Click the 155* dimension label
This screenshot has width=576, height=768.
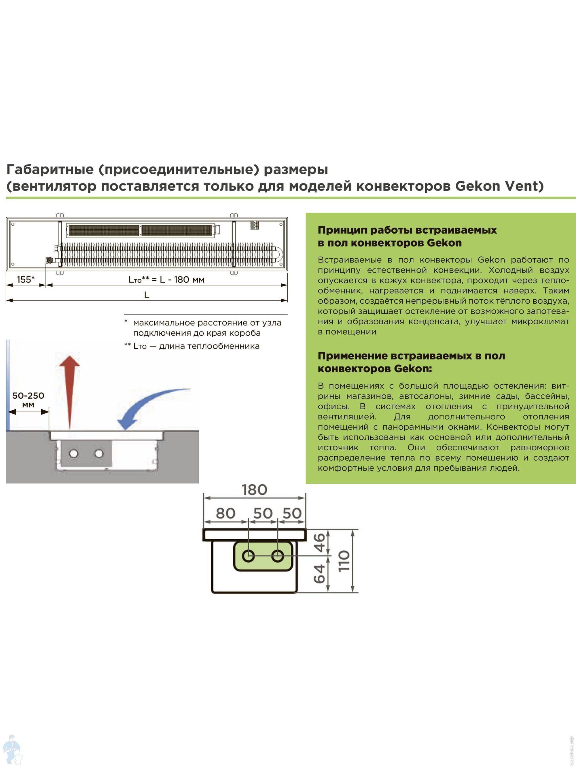pos(26,279)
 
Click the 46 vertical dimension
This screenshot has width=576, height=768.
pos(319,543)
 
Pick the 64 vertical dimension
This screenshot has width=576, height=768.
pos(319,574)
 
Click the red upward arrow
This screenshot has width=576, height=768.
pos(70,389)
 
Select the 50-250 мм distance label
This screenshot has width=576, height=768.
pos(28,399)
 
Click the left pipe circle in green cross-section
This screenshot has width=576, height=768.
pos(248,556)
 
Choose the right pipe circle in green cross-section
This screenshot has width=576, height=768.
pos(277,556)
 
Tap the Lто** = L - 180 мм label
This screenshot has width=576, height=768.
pos(166,279)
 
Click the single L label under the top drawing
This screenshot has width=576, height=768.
pos(147,295)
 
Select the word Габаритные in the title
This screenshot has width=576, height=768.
pos(50,169)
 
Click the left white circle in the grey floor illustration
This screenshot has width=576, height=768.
pos(74,453)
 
